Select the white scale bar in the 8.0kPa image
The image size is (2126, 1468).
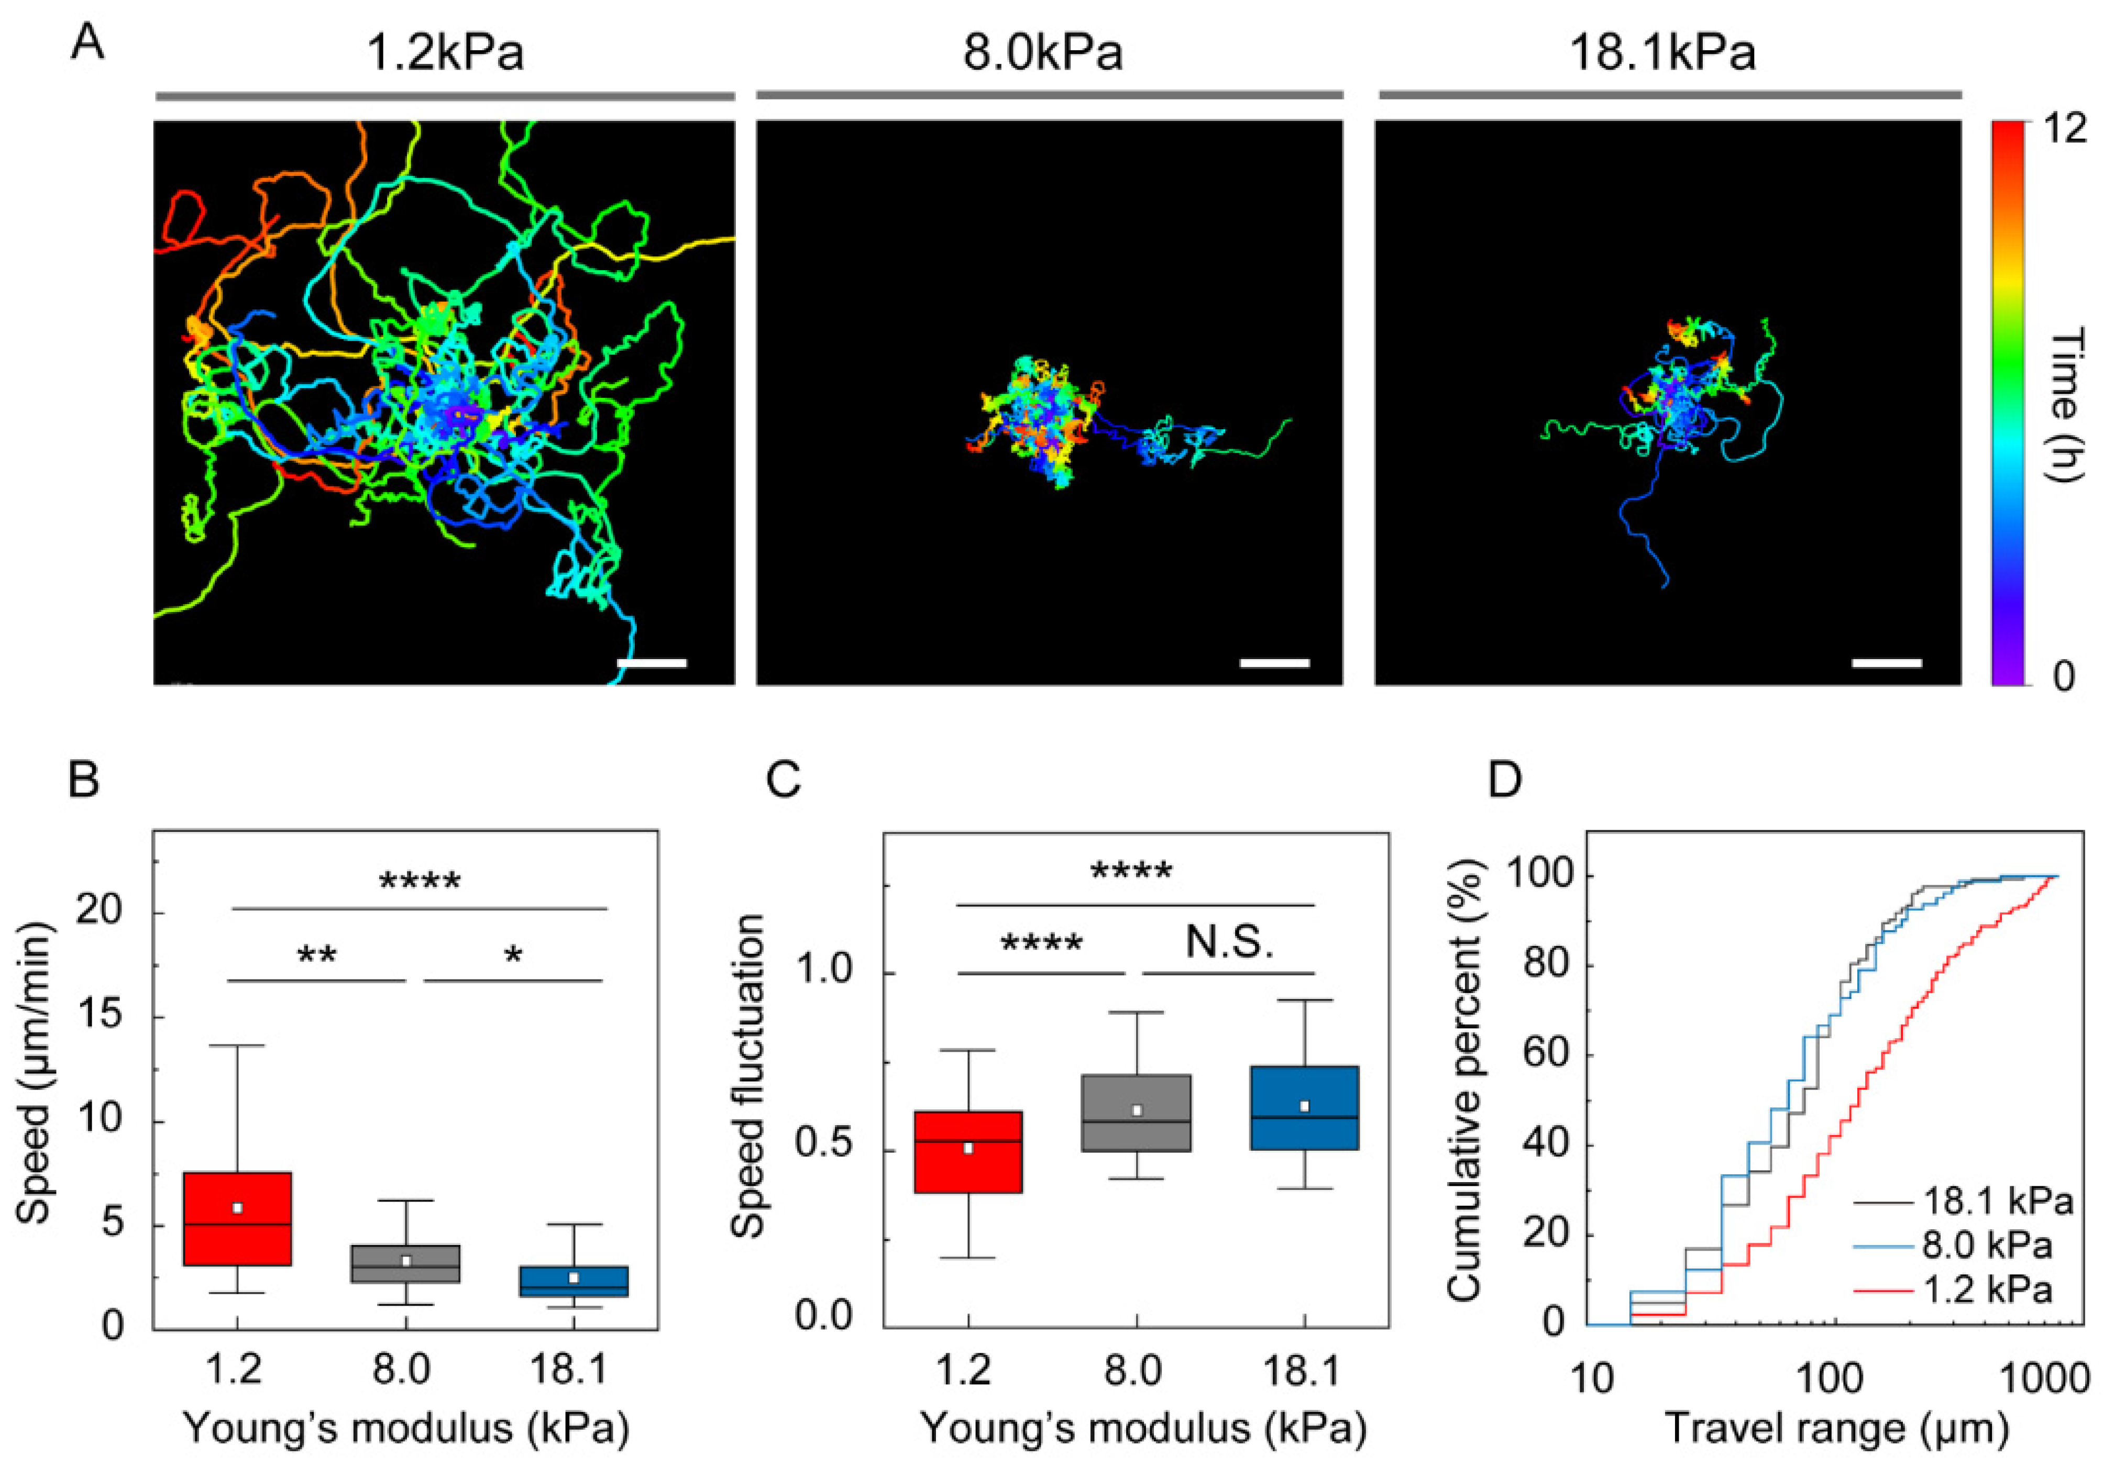1274,662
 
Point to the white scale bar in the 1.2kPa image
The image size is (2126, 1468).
652,662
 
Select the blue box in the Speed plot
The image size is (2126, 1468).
574,1281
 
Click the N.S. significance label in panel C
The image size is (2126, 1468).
1229,943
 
